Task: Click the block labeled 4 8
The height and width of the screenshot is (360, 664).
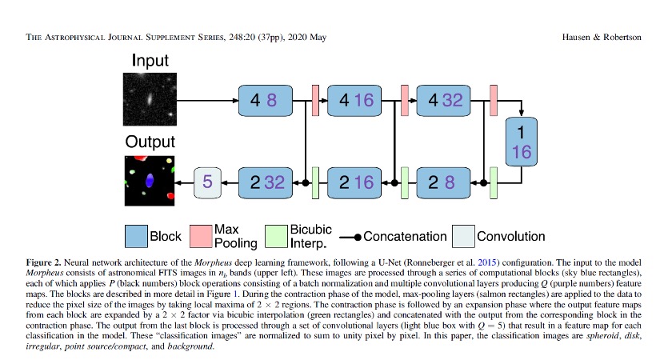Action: click(263, 101)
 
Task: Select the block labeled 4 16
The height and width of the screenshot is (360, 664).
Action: click(356, 101)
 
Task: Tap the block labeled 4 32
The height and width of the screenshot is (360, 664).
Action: click(446, 101)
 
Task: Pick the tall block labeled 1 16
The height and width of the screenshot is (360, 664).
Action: click(522, 141)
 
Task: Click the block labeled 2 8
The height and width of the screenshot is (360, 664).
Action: click(446, 182)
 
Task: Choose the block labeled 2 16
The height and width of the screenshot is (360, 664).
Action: click(356, 182)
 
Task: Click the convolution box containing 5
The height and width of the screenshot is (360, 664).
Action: click(206, 182)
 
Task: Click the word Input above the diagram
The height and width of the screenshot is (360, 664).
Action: click(150, 61)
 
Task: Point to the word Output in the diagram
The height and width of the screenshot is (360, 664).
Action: click(150, 142)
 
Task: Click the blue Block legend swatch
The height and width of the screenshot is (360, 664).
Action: click(135, 236)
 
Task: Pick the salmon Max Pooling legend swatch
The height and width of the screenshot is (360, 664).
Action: click(200, 236)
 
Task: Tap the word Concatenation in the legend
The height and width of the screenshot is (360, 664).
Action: click(405, 236)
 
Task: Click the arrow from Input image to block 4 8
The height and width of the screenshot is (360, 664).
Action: click(208, 101)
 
